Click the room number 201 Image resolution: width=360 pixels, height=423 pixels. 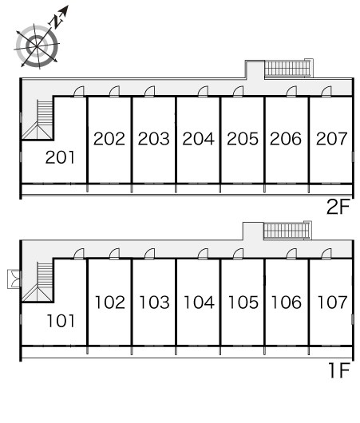click(x=60, y=157)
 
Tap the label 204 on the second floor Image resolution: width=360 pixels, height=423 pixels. click(x=198, y=139)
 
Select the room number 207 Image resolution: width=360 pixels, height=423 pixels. click(x=332, y=139)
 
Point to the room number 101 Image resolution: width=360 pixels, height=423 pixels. click(x=61, y=321)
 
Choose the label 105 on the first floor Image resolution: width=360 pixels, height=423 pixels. click(x=243, y=302)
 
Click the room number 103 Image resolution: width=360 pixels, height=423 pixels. click(x=154, y=302)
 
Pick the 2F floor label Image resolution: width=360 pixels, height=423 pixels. click(x=338, y=207)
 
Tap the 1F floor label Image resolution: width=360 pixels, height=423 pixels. click(x=339, y=370)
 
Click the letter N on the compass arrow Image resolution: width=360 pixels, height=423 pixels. click(x=57, y=22)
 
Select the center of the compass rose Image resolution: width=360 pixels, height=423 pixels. click(x=37, y=46)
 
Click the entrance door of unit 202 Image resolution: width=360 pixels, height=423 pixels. click(x=114, y=91)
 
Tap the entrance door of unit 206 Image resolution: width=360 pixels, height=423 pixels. click(x=291, y=91)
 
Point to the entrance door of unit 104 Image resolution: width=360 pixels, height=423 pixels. click(x=203, y=254)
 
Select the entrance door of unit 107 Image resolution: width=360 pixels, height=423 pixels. click(x=326, y=254)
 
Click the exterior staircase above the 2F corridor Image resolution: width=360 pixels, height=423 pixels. click(x=287, y=69)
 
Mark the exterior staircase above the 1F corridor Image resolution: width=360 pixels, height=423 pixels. click(x=287, y=231)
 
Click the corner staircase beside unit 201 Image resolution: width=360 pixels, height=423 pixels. click(x=38, y=120)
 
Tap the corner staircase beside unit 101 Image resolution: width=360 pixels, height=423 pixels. click(x=38, y=282)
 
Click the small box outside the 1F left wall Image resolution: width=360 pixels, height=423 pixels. click(x=14, y=279)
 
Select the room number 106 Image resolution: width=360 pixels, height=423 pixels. click(x=286, y=302)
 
